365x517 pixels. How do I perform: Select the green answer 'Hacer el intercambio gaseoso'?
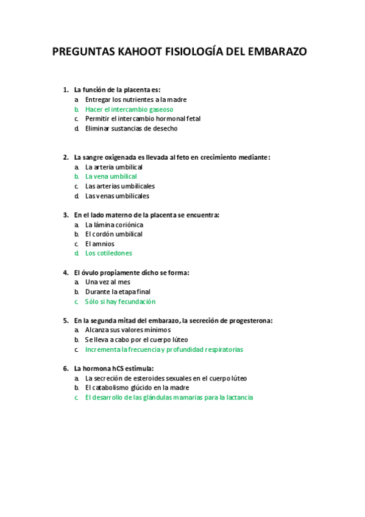pyautogui.click(x=129, y=109)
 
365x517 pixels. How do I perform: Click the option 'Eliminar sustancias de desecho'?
pyautogui.click(x=132, y=129)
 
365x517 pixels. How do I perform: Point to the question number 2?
pyautogui.click(x=65, y=157)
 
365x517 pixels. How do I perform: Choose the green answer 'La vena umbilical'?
pyautogui.click(x=111, y=176)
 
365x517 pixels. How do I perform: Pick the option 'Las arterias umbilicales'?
pyautogui.click(x=120, y=186)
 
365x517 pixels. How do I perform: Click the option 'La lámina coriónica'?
pyautogui.click(x=114, y=224)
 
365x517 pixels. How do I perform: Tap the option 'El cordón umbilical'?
pyautogui.click(x=114, y=234)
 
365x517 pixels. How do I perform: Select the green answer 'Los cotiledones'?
pyautogui.click(x=108, y=253)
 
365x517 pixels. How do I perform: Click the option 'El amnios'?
pyautogui.click(x=100, y=244)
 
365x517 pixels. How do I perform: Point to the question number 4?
pyautogui.click(x=65, y=273)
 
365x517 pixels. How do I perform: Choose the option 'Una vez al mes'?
pyautogui.click(x=108, y=282)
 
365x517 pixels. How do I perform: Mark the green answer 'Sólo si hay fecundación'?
pyautogui.click(x=120, y=302)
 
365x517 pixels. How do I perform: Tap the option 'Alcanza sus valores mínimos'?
pyautogui.click(x=128, y=330)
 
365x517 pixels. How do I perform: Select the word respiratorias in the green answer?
pyautogui.click(x=224, y=350)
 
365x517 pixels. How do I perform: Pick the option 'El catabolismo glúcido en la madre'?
pyautogui.click(x=137, y=388)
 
